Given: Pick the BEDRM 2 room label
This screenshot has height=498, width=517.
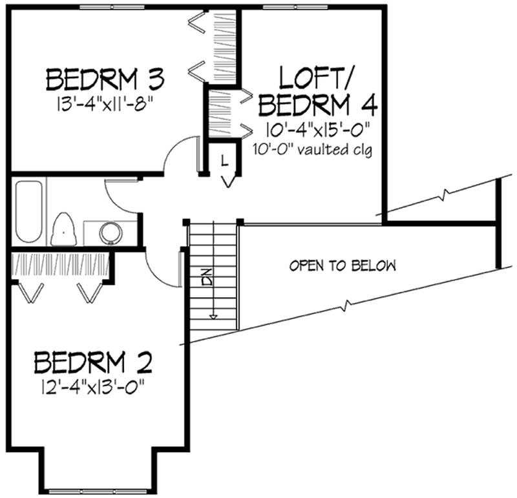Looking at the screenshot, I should point(94,363).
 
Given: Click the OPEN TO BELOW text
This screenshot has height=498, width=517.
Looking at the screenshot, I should point(343,265).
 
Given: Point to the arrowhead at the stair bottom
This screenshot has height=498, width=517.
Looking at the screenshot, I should point(211,316).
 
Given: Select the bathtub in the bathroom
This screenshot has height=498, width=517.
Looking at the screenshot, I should point(28,212).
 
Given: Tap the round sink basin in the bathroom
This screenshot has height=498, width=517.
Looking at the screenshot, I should point(111,232).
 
